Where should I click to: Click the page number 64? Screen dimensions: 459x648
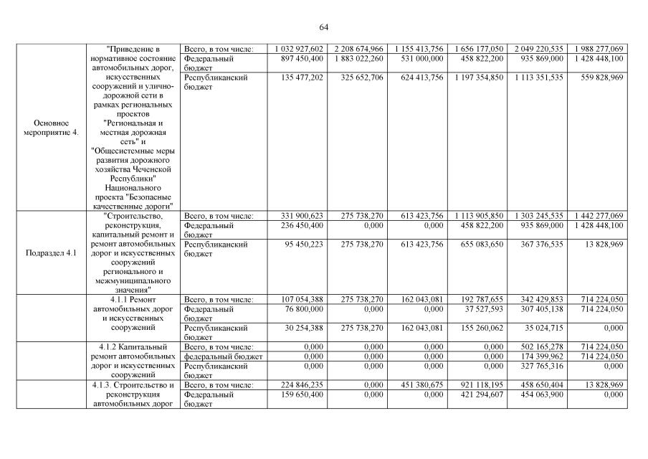click(323, 27)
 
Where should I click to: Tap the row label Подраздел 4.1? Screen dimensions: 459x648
click(51, 253)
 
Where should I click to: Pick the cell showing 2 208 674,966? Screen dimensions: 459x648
click(358, 48)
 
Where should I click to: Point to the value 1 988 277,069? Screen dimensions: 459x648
click(598, 48)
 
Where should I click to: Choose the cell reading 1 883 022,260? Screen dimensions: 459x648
click(358, 58)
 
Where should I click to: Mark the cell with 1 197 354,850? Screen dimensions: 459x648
click(479, 77)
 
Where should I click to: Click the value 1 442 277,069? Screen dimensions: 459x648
click(598, 215)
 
